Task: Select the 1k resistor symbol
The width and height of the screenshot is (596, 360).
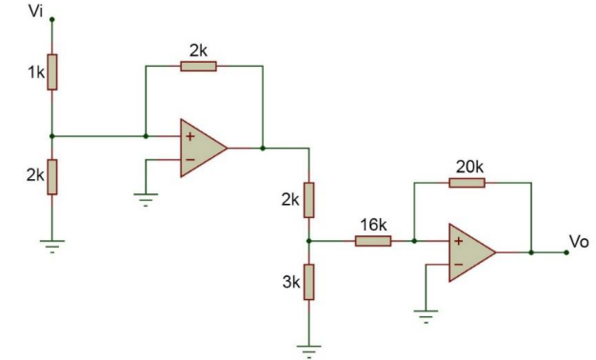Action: coord(52,71)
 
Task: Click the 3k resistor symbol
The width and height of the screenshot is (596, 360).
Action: coord(308,283)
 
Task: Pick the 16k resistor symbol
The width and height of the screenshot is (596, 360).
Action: coord(372,241)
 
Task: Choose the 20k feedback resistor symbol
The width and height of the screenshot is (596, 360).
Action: coord(467,182)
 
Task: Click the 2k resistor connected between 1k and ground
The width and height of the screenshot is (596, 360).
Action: coord(52,177)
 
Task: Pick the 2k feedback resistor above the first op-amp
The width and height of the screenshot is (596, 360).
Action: coord(198,66)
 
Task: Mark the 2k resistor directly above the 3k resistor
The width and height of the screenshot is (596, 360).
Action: coord(308,200)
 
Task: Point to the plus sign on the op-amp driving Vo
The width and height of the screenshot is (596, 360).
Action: coord(459,242)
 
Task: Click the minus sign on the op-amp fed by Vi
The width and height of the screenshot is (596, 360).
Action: coord(189,159)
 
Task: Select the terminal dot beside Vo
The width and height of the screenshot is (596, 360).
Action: coord(566,252)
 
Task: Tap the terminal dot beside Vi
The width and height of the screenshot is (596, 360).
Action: coord(52,18)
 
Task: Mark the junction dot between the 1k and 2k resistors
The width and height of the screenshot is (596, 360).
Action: coord(52,135)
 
